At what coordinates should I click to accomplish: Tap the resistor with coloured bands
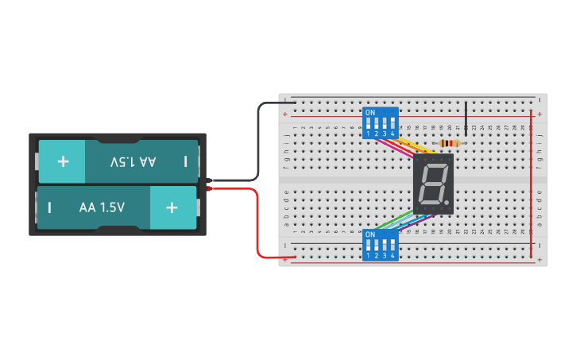(449, 144)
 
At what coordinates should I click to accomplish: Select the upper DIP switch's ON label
(370, 113)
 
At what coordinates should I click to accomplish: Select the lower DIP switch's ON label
(370, 235)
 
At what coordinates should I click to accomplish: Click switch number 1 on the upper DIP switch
(369, 125)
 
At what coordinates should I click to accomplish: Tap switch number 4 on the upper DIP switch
(392, 125)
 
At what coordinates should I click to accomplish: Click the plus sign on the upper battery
(63, 161)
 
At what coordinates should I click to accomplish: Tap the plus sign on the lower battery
(172, 207)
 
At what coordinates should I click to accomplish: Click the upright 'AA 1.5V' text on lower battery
(102, 207)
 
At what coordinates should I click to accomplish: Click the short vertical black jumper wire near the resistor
(466, 119)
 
